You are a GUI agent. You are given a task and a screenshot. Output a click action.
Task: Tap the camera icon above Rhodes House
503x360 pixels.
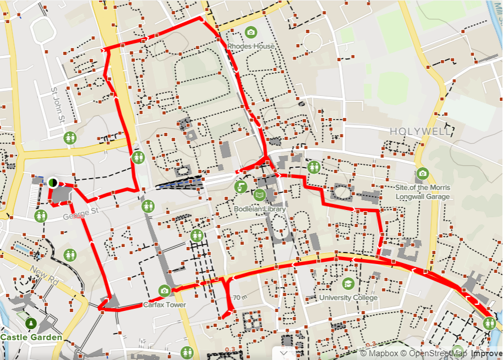[x=251, y=32]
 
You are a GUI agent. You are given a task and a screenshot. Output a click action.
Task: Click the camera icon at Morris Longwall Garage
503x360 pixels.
[x=423, y=173]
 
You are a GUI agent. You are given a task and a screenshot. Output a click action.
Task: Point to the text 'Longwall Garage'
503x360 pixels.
[x=423, y=196]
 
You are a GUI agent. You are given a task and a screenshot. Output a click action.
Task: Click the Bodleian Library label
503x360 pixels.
[x=259, y=209]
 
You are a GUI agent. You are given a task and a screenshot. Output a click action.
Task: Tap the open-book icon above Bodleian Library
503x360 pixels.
[x=259, y=195]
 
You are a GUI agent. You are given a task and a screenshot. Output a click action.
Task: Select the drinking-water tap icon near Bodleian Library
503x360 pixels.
[x=241, y=187]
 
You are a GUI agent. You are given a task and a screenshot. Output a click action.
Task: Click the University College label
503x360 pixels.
[x=349, y=298]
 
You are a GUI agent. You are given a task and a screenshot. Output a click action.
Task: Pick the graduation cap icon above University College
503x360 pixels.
[x=348, y=283]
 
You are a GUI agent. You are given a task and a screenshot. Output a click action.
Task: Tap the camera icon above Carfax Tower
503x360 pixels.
[x=164, y=291]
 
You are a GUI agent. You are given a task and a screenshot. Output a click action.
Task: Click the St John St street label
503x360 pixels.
[x=58, y=105]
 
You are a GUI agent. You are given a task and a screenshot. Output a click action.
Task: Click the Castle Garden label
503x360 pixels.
[x=31, y=336]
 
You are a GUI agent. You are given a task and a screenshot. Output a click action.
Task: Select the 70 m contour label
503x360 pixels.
[x=240, y=298]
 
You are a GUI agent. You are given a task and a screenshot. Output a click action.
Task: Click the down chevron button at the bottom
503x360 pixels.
[x=284, y=352]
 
